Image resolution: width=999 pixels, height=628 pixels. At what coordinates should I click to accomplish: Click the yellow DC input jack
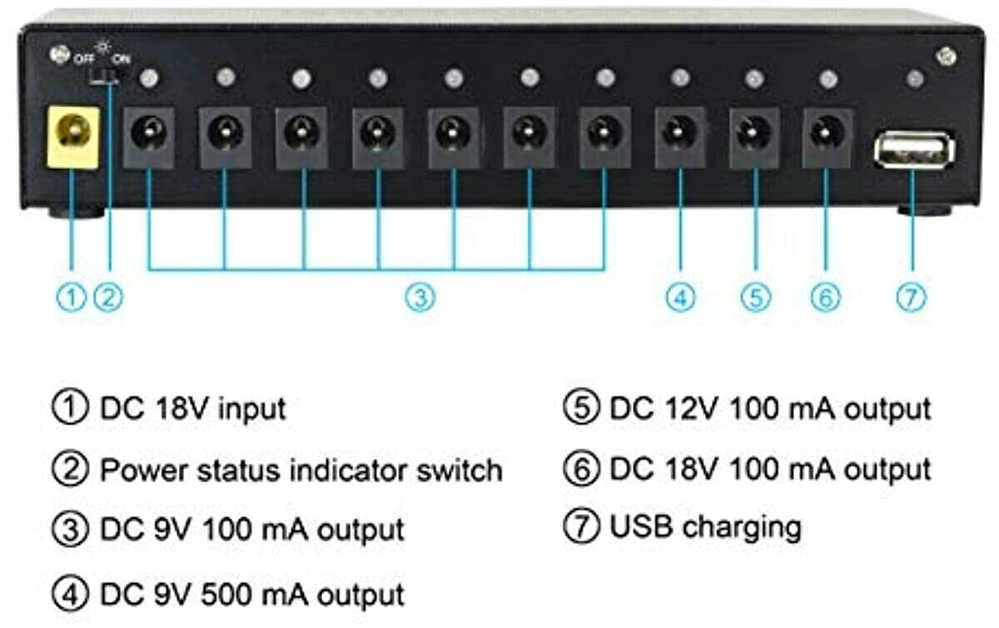73,136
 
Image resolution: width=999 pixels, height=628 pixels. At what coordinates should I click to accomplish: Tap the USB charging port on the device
914,151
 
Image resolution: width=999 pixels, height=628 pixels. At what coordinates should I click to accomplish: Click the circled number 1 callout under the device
73,297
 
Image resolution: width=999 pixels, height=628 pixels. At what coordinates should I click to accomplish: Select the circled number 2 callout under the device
109,297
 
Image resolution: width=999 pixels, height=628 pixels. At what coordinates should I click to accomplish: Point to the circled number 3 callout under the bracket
420,297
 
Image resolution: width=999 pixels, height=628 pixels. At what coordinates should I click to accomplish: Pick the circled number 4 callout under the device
681,297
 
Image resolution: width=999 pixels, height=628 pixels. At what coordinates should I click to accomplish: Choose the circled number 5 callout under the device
755,297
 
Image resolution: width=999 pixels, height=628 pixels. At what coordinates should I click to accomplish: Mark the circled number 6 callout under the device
825,297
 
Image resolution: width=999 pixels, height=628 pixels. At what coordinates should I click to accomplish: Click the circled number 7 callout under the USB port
912,297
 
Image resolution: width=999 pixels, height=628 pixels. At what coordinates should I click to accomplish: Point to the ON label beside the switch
122,58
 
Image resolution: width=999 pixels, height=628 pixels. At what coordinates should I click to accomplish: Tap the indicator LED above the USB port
914,79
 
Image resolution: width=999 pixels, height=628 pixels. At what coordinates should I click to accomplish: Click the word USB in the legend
640,527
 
